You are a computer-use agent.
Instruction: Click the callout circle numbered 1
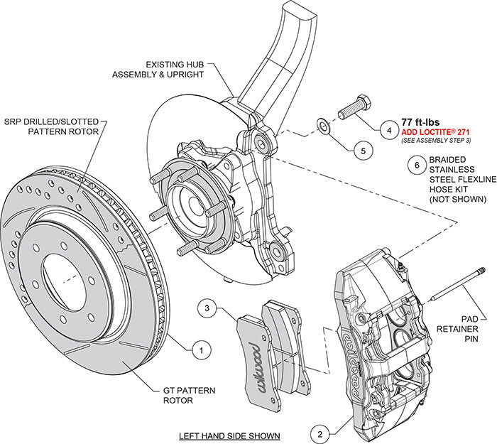tap(201, 349)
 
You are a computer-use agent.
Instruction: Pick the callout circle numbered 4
tap(388, 130)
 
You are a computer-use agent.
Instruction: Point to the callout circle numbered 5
tap(361, 151)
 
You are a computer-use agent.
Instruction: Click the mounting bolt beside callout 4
tap(352, 108)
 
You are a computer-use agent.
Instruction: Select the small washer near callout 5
tap(323, 126)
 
